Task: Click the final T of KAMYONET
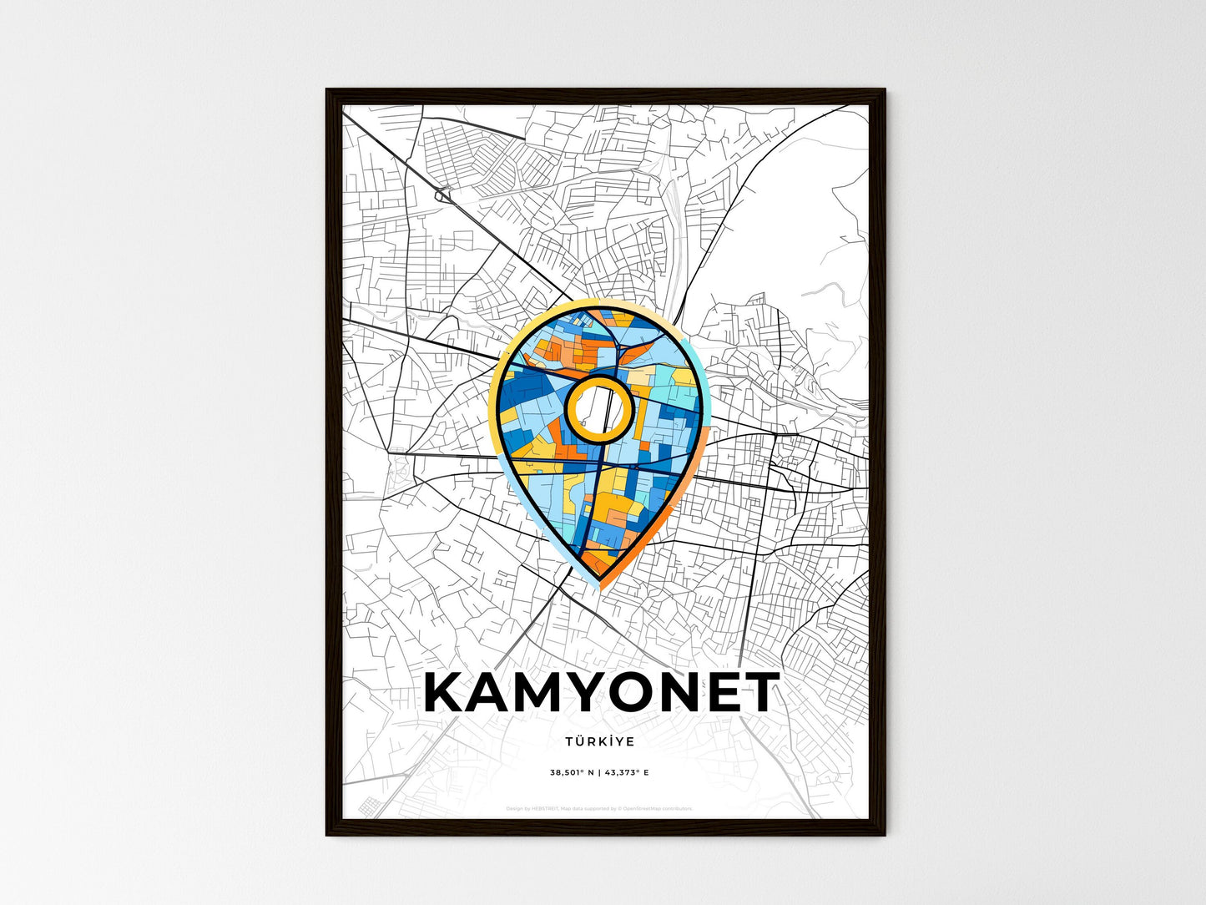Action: click(759, 692)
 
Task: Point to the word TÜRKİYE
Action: click(599, 741)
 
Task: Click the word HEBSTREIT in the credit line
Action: click(547, 808)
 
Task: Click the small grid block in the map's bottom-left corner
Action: click(369, 806)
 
